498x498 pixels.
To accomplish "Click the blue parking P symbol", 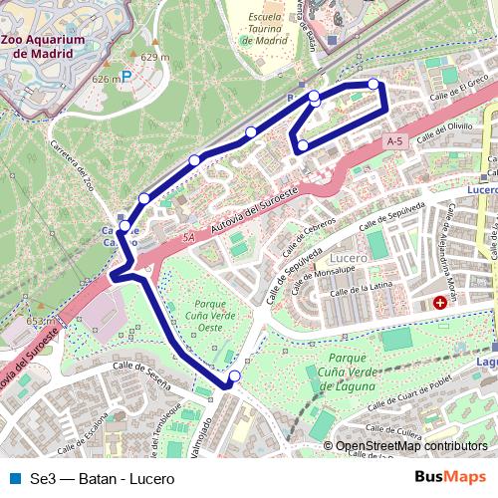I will tap(126, 77).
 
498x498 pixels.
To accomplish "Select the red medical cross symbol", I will tap(439, 302).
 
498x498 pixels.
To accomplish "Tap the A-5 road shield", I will tap(395, 142).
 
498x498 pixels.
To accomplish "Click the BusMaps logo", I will tap(450, 478).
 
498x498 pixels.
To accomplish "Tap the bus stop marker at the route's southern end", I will tap(234, 376).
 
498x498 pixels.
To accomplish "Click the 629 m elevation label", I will tap(154, 57).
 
